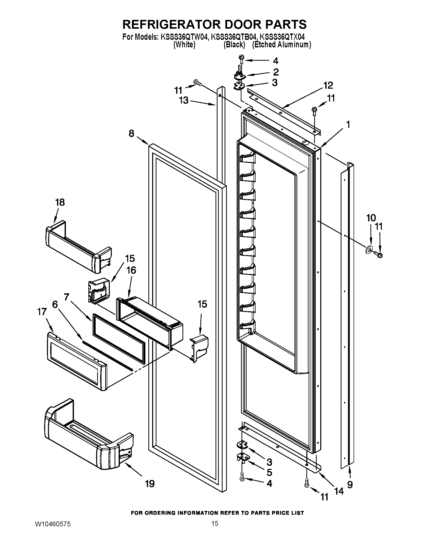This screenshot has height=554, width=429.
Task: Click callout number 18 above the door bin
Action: [x=60, y=202]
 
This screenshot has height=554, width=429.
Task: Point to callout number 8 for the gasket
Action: [x=131, y=133]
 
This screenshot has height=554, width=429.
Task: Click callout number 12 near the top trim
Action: [x=328, y=85]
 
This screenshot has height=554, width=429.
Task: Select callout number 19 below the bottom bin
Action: [x=150, y=484]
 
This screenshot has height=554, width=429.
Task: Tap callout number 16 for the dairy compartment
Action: [x=131, y=270]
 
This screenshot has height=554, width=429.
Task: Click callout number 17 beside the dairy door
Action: [x=42, y=311]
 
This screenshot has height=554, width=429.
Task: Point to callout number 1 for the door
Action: [x=348, y=125]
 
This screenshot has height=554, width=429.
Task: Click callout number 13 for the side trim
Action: [x=184, y=100]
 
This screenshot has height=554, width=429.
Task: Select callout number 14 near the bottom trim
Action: [x=339, y=491]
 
